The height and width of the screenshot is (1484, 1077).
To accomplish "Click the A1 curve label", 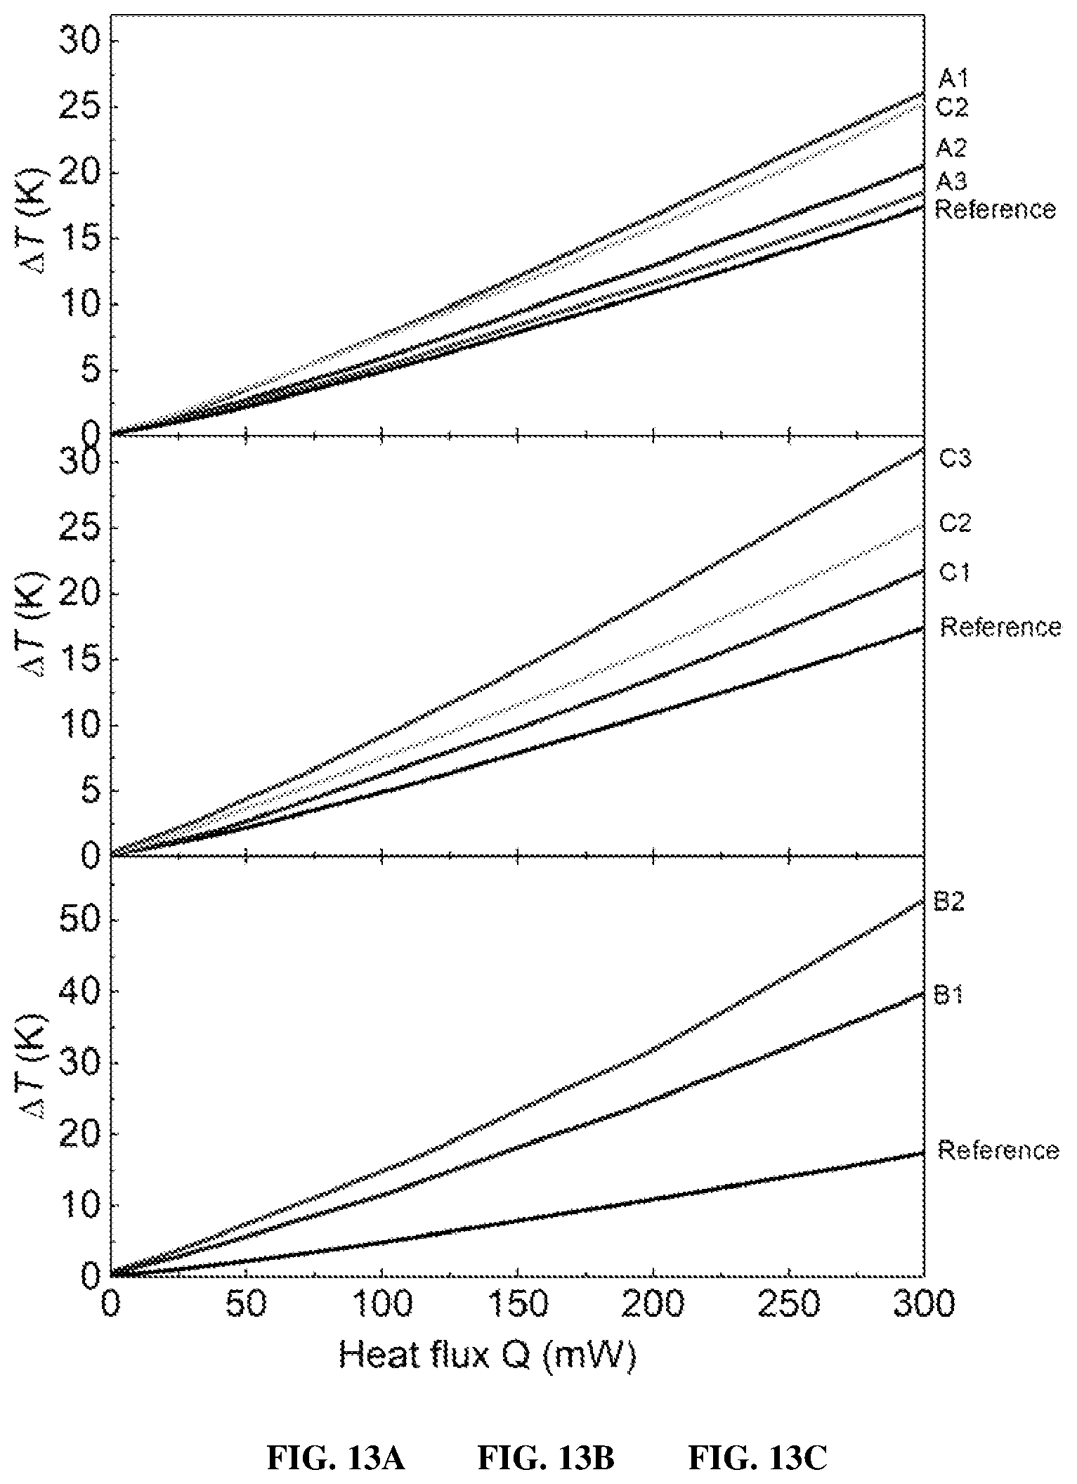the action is click(953, 79).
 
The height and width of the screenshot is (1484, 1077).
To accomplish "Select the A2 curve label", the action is click(952, 148).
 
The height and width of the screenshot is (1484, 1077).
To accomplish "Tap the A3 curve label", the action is click(952, 181).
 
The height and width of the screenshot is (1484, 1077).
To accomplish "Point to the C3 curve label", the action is click(955, 459).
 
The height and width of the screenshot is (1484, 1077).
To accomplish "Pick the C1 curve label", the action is click(955, 573).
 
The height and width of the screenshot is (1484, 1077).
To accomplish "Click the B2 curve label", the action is click(949, 902).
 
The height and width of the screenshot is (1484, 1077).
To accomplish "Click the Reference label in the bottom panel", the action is click(998, 1150).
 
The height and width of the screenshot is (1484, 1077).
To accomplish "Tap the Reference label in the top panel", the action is click(996, 209).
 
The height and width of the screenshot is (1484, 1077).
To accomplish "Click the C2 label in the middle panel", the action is click(955, 523).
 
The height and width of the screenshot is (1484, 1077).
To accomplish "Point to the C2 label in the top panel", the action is click(953, 108).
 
